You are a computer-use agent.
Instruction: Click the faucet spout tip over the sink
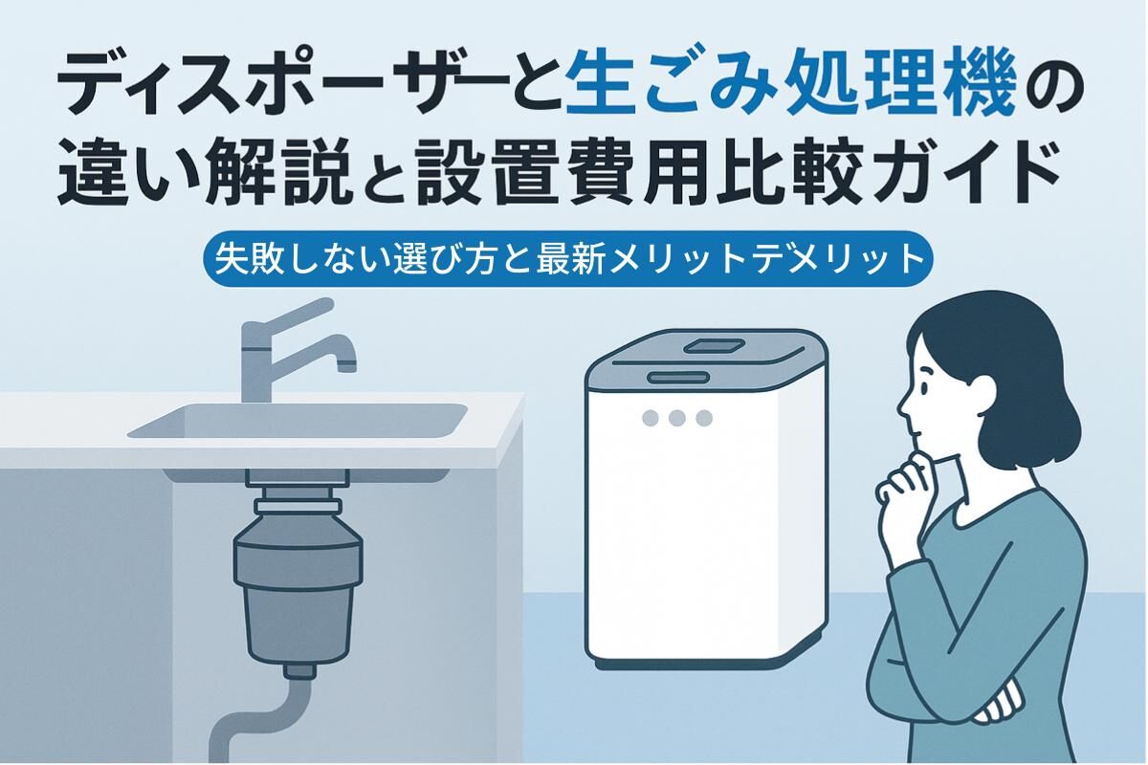click(347, 366)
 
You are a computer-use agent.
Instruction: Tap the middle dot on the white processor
click(677, 418)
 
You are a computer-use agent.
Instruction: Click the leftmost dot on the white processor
click(650, 418)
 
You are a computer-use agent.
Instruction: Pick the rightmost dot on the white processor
click(704, 418)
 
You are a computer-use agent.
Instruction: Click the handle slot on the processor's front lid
click(678, 378)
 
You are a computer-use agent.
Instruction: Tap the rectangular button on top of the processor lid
click(715, 345)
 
